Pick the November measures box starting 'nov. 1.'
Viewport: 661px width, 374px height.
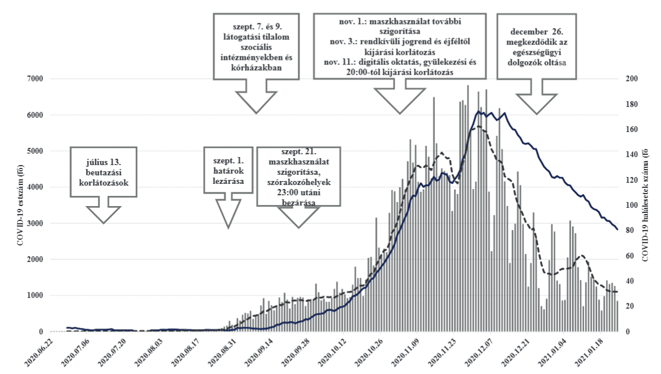399,46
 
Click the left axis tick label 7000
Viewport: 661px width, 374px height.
34,79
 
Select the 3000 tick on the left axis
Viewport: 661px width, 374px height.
34,223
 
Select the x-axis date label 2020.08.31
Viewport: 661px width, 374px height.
232,353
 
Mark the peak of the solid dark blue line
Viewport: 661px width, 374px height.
479,112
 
